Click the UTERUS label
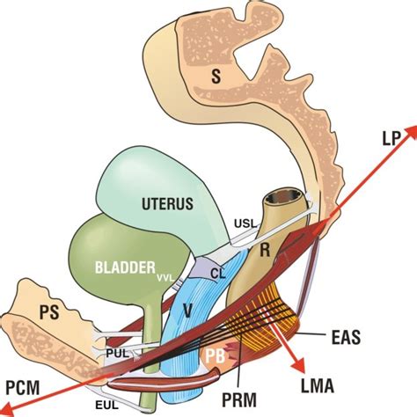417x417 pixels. pos(167,203)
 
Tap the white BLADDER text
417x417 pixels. pos(125,267)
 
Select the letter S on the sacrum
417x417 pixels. pos(216,77)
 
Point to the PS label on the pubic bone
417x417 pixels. pos(49,312)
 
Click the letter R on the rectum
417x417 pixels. pos(265,250)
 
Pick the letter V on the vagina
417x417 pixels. pos(187,311)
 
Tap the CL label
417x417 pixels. pos(218,274)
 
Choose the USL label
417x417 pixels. pos(245,224)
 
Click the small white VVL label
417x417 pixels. pos(165,278)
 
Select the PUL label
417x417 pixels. pos(117,354)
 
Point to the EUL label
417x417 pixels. pos(106,406)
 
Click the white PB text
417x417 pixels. pos(215,356)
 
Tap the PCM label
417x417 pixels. pos(23,388)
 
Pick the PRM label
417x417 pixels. pos(239,399)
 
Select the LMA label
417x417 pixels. pos(318,386)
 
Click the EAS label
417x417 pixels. pos(346,338)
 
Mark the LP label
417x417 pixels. pos(391,138)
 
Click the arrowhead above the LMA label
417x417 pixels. pos(297,367)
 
